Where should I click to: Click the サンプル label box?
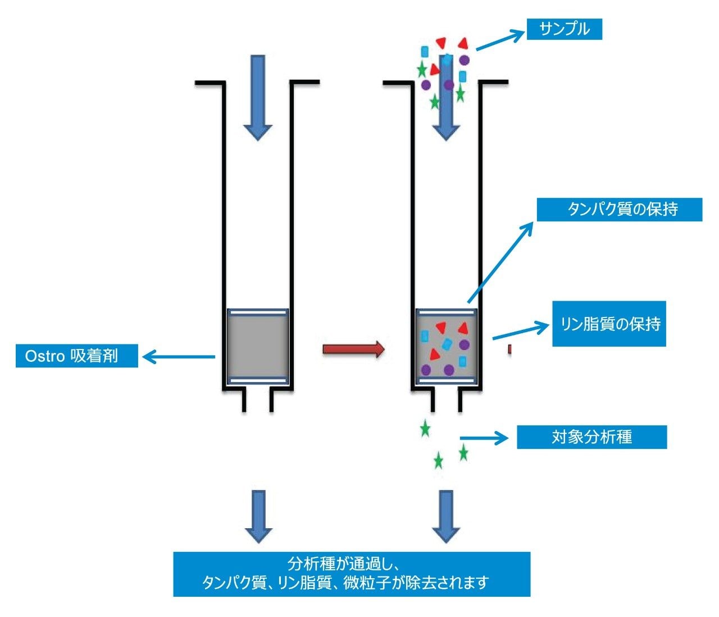pyautogui.click(x=564, y=29)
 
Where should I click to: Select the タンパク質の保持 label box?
pyautogui.click(x=619, y=210)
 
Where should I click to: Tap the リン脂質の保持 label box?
pyautogui.click(x=609, y=324)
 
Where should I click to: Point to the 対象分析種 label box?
pyautogui.click(x=591, y=437)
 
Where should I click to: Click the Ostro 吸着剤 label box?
pyautogui.click(x=76, y=356)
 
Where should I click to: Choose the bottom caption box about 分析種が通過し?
pyautogui.click(x=352, y=574)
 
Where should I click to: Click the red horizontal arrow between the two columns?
pyautogui.click(x=353, y=350)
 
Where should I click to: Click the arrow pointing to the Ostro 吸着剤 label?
pyautogui.click(x=179, y=356)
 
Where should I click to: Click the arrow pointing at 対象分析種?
pyautogui.click(x=483, y=438)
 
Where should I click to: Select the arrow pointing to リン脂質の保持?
pyautogui.click(x=520, y=331)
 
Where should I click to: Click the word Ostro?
pyautogui.click(x=45, y=356)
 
